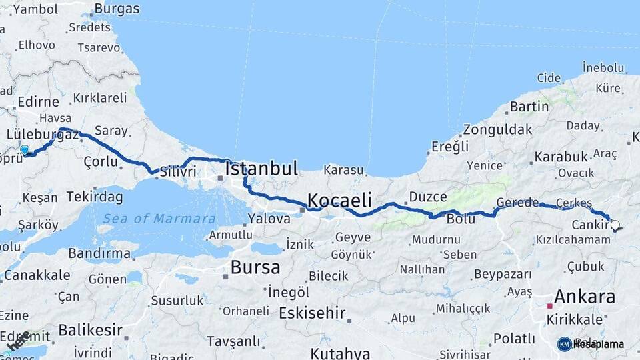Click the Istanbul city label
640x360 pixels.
point(261,169)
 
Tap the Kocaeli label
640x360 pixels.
point(339,200)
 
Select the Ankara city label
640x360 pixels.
point(584,297)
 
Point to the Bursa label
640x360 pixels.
point(255,267)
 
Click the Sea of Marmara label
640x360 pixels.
point(159,219)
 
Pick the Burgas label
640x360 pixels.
point(117,9)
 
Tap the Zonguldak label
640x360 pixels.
point(497,129)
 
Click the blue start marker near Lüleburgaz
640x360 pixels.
point(25,151)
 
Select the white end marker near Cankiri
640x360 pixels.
point(615,226)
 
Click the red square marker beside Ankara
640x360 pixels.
point(550,306)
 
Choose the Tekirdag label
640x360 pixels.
point(95,197)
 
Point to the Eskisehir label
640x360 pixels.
point(312,313)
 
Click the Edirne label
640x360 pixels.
point(38,102)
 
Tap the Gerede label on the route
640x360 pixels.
point(517,203)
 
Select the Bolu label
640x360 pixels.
point(461,219)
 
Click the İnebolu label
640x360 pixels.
point(603,67)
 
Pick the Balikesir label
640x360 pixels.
point(90,330)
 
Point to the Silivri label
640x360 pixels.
point(177,171)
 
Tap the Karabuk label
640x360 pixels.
point(561,157)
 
